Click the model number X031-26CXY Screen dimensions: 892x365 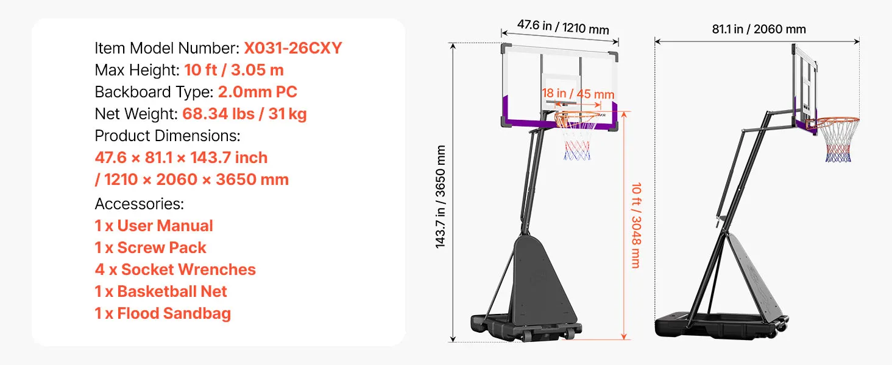coord(292,48)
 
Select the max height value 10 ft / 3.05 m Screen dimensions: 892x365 coord(234,70)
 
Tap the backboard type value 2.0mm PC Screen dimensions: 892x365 coord(257,92)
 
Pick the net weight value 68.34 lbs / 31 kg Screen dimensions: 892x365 coord(244,114)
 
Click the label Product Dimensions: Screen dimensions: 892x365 coord(167,136)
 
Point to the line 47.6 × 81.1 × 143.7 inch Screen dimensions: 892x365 coord(181,158)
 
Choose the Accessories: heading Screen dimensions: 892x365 coord(140,204)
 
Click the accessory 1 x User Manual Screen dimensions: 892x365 coord(154,226)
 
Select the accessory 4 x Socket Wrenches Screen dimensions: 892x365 coord(175,269)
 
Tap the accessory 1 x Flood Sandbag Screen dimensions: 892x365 coord(163,313)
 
